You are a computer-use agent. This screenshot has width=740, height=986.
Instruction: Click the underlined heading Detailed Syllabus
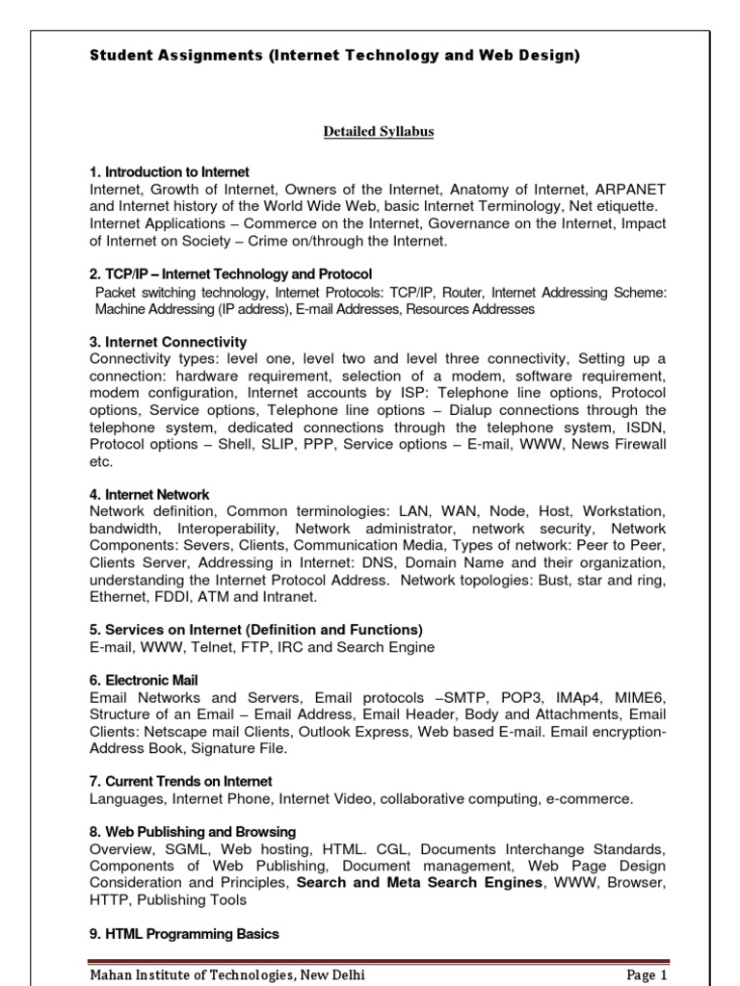pyautogui.click(x=378, y=131)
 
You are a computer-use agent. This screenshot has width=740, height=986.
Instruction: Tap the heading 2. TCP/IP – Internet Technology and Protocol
pyautogui.click(x=230, y=274)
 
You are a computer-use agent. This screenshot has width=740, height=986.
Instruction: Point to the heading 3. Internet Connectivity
pyautogui.click(x=168, y=342)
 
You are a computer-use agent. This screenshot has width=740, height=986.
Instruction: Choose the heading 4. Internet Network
pyautogui.click(x=148, y=495)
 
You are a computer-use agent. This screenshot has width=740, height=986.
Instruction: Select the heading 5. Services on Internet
pyautogui.click(x=255, y=630)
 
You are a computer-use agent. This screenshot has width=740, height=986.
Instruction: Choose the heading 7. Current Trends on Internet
pyautogui.click(x=180, y=781)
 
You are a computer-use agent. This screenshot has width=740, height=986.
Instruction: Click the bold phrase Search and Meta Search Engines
pyautogui.click(x=420, y=882)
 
